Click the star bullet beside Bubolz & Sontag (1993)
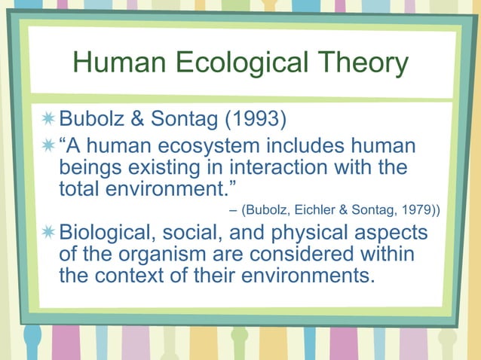(x=49, y=119)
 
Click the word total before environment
(x=81, y=188)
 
